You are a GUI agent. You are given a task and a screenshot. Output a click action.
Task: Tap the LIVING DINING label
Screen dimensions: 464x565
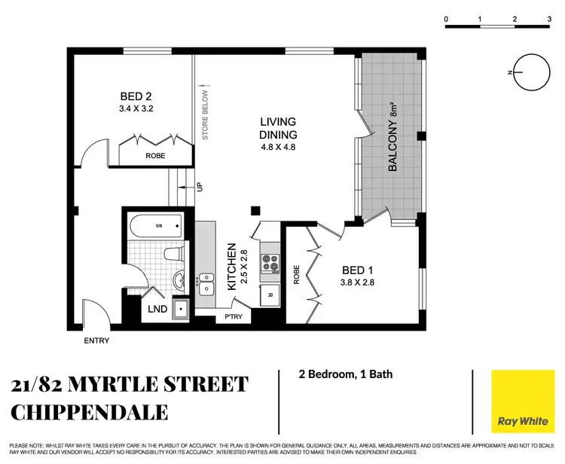(278, 128)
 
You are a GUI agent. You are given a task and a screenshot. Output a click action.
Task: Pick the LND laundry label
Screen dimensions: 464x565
(158, 309)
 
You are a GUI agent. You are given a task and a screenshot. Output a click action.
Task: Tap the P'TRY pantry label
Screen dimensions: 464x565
(232, 317)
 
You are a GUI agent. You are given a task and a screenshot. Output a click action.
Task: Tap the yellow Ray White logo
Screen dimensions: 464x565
(519, 401)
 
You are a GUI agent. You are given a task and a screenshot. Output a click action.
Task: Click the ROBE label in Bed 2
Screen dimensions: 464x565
(155, 155)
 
